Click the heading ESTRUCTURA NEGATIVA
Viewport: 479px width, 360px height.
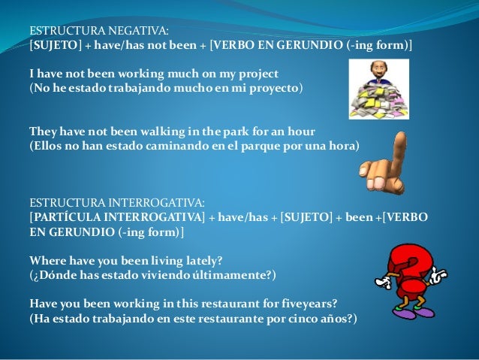click(99, 31)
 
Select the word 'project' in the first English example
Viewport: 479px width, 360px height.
click(258, 74)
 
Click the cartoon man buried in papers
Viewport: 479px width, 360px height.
click(378, 89)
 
